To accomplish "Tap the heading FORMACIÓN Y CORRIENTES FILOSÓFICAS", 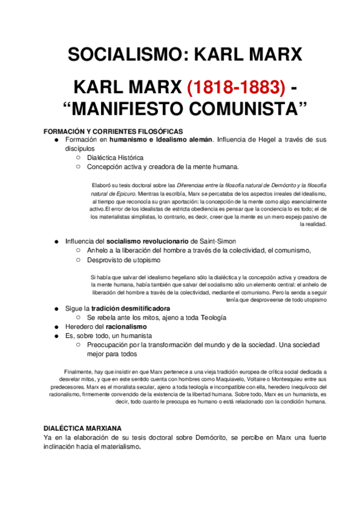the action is click(113, 131).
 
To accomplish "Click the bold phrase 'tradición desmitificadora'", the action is click(135, 309).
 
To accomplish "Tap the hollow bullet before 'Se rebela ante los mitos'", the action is click(78, 318).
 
